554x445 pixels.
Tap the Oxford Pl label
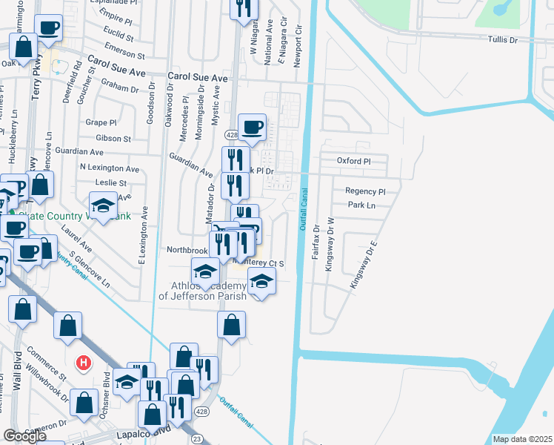353,161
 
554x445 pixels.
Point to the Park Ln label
362,205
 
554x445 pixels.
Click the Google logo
24,435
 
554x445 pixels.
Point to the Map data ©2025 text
522,439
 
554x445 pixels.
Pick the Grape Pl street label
101,122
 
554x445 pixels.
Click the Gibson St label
113,138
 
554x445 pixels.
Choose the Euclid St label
119,36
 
